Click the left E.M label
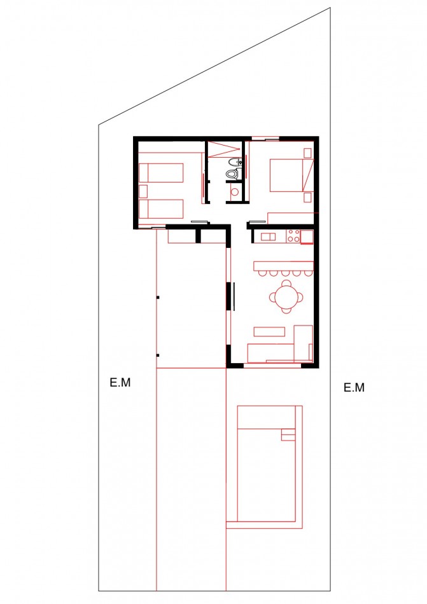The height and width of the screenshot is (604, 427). click(120, 383)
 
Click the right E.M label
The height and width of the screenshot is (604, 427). click(354, 387)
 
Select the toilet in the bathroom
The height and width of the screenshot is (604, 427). click(232, 173)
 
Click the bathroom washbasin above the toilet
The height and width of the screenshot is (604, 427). click(235, 161)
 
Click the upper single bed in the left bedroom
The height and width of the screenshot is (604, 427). click(162, 172)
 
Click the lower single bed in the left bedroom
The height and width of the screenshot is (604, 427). click(162, 208)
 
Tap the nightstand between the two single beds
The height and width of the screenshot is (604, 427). click(143, 190)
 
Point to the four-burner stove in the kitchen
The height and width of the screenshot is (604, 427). click(293, 237)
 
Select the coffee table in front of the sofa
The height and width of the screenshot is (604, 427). click(269, 331)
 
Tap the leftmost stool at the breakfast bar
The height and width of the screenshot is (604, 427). click(261, 274)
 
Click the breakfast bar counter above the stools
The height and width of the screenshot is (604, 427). click(284, 265)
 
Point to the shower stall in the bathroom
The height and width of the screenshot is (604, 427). click(223, 150)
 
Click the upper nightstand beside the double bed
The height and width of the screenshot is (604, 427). click(308, 153)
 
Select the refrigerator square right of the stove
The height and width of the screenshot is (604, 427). click(307, 237)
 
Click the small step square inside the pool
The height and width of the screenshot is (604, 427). click(288, 436)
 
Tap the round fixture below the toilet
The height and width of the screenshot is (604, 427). click(234, 190)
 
